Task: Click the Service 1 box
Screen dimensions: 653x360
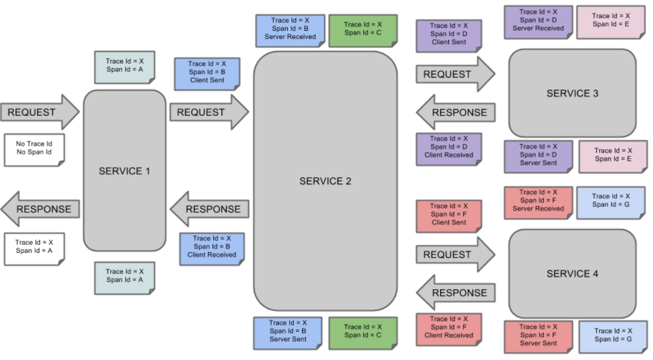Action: [x=125, y=170]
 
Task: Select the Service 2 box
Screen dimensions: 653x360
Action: [x=325, y=181]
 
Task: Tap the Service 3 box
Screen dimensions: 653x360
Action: [x=572, y=93]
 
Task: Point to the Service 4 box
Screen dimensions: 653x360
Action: [x=572, y=274]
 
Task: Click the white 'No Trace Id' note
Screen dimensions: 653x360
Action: [x=35, y=150]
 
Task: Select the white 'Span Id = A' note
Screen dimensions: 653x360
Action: [x=35, y=249]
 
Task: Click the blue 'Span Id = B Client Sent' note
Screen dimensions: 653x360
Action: [x=207, y=74]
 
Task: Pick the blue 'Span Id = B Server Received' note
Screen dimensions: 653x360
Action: [x=290, y=31]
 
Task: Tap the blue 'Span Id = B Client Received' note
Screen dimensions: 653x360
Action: [x=212, y=249]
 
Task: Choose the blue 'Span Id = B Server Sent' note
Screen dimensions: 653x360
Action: [x=288, y=333]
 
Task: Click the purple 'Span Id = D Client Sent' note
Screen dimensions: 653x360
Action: [x=449, y=36]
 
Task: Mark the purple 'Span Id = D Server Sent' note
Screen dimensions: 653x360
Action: [x=538, y=157]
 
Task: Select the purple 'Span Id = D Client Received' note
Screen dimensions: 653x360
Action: [x=449, y=149]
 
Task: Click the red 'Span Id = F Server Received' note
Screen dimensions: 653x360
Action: [x=538, y=203]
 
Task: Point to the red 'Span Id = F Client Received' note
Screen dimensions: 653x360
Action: [x=449, y=329]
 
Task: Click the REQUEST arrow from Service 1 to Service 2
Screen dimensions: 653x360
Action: [x=209, y=112]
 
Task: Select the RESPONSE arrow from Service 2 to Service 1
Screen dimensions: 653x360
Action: [x=209, y=209]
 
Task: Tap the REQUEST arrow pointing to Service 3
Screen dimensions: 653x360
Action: [x=456, y=74]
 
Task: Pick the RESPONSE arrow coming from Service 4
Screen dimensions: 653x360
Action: [x=456, y=292]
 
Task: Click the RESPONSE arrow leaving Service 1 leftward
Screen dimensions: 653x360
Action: [x=40, y=209]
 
